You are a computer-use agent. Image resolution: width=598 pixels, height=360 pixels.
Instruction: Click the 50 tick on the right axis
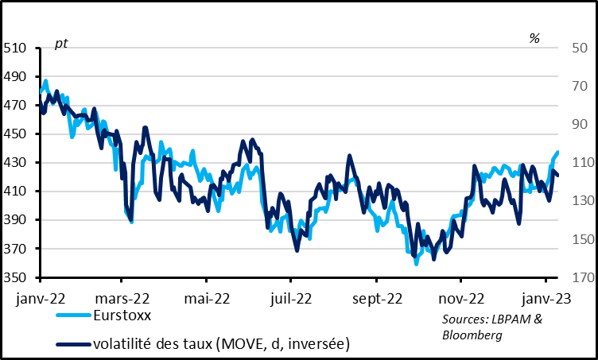pos(577,48)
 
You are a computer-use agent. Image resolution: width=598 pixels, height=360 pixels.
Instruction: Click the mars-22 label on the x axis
pos(120,299)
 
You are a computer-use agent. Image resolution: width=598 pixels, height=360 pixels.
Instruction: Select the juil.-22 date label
pos(290,299)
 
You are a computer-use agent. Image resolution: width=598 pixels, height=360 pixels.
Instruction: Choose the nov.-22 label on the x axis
pos(460,299)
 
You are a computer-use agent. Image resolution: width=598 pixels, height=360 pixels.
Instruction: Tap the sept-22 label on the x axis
pos(376,299)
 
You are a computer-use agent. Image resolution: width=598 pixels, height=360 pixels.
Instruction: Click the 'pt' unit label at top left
pos(60,43)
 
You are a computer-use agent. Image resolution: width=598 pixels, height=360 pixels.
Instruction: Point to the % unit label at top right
pos(534,38)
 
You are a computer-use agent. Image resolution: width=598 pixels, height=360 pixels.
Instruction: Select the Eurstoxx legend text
pos(122,315)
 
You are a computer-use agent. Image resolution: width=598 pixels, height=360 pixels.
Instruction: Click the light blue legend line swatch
pos(74,315)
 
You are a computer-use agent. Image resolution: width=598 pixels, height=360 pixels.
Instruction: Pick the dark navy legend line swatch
pos(74,344)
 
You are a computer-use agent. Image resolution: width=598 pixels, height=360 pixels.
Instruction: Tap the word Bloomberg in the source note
pos(471,335)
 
